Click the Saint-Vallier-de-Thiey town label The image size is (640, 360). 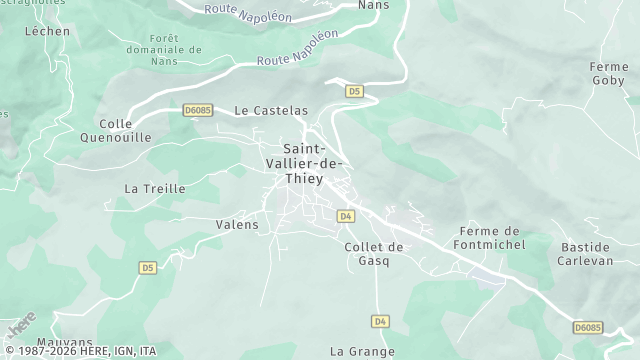coord(305,163)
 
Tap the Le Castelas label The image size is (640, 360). coord(270,110)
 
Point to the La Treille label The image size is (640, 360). coord(154,188)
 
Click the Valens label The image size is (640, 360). coord(237,225)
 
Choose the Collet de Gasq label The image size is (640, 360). coord(373,253)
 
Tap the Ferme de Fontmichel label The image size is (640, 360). coord(492,238)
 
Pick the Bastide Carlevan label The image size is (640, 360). coord(583,253)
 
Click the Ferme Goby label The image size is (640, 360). coord(609,73)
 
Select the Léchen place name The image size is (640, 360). coord(47,31)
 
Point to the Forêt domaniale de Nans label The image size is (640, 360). coord(162,50)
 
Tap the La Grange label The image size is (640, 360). coord(362,352)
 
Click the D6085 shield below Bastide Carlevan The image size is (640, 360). coord(588,327)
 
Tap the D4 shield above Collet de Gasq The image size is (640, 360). coord(345,216)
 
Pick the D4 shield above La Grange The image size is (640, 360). coord(379,321)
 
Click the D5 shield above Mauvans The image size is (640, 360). coord(148,268)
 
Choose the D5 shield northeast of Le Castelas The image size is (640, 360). coord(354,91)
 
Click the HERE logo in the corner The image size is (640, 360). coord(20,325)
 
